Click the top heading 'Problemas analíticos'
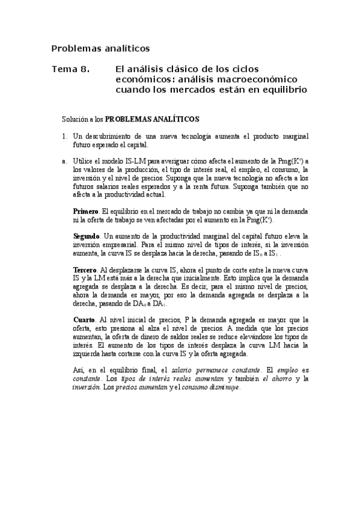(x=100, y=48)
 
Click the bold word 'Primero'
(x=87, y=211)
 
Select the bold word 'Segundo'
(x=87, y=236)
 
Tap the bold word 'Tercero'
(x=86, y=269)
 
